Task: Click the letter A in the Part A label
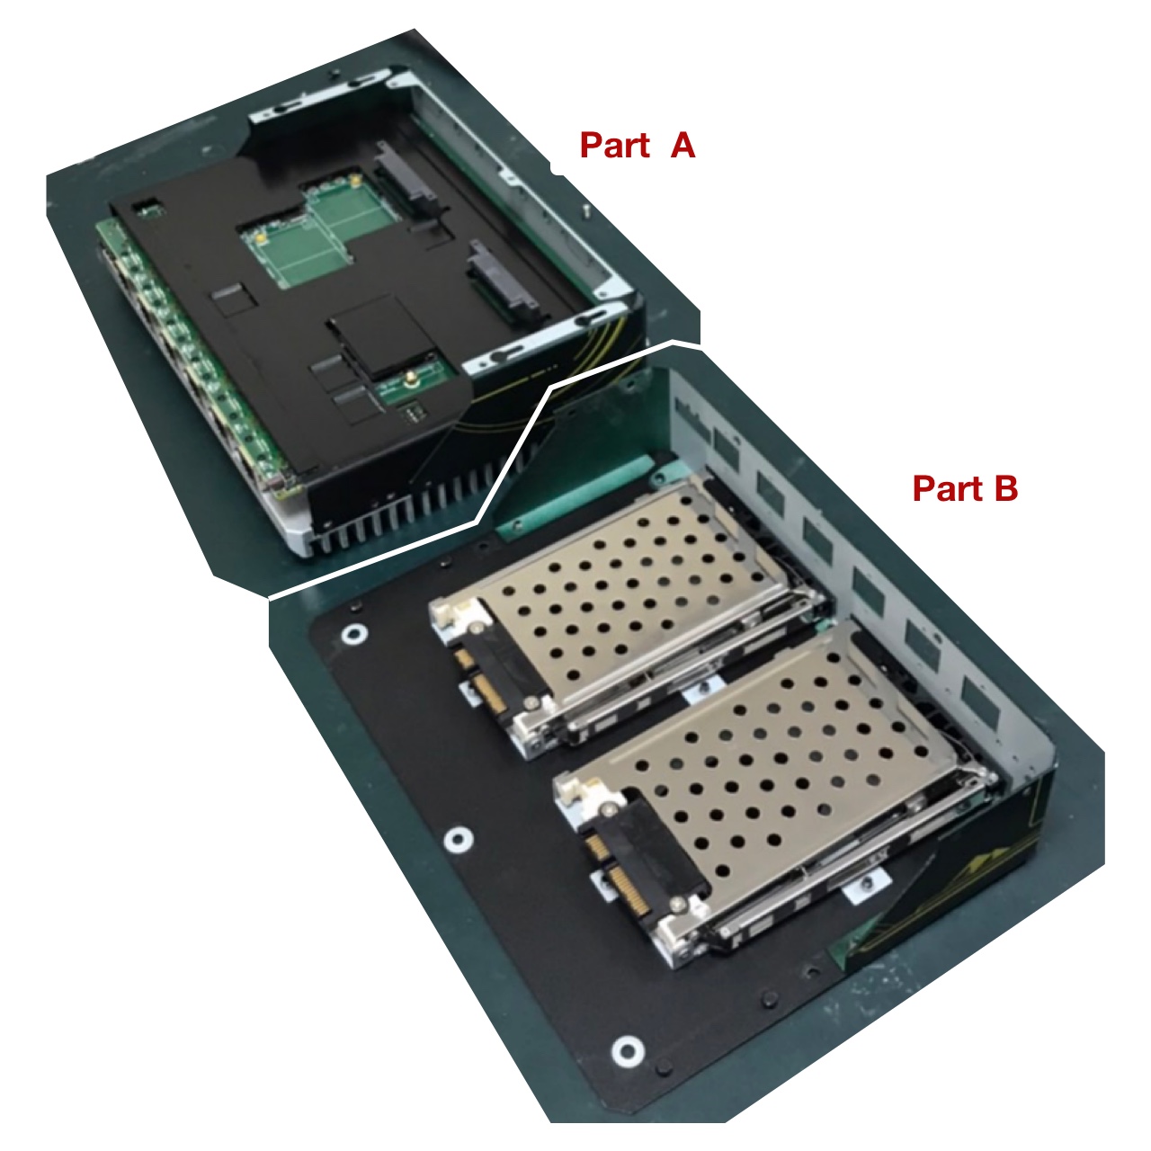tap(683, 145)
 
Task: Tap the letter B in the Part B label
tap(1004, 488)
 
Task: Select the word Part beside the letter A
tap(615, 145)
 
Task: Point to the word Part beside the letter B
tap(948, 488)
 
